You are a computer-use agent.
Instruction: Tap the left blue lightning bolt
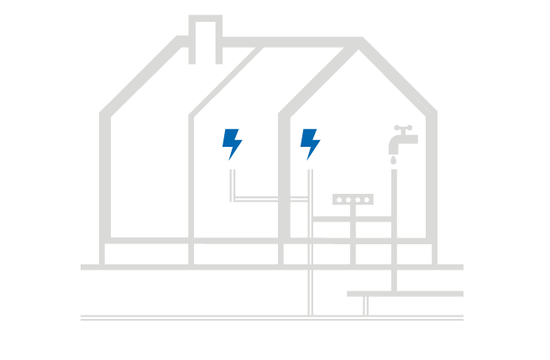[232, 143]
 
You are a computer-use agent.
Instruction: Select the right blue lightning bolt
[310, 143]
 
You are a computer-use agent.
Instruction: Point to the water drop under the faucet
[393, 159]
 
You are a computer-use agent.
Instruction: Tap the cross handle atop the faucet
[404, 128]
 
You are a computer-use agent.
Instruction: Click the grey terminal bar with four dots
[353, 200]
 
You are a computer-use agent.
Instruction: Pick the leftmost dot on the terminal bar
[340, 200]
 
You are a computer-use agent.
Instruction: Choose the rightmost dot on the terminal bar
[366, 200]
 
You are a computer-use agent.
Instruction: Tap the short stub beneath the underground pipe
[365, 305]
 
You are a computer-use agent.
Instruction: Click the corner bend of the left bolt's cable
[233, 199]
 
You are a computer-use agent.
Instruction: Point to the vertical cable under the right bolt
[310, 243]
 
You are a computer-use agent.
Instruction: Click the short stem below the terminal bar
[353, 211]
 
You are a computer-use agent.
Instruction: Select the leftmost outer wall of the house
[104, 176]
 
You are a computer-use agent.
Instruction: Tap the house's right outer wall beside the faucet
[433, 176]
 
